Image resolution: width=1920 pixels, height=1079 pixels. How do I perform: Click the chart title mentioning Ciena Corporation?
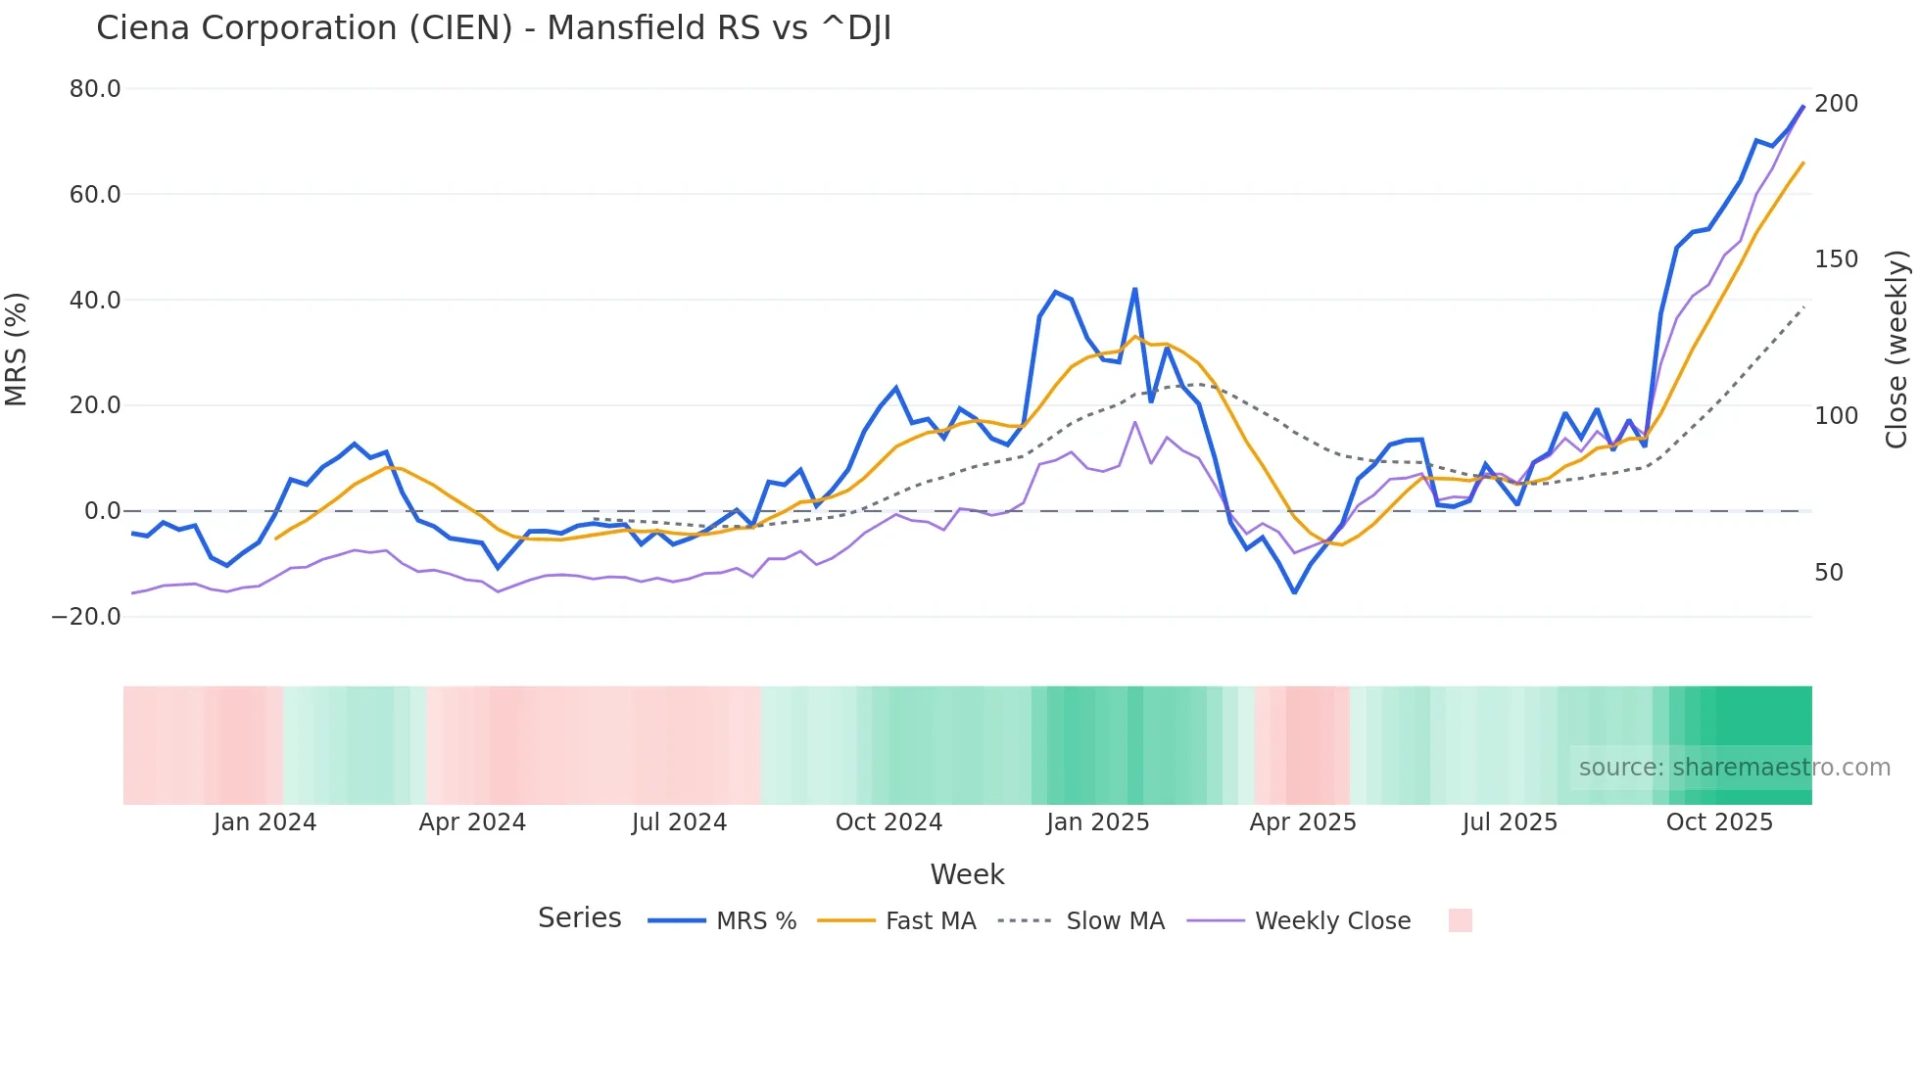[494, 28]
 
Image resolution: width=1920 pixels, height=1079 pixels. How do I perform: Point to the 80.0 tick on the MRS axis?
[95, 89]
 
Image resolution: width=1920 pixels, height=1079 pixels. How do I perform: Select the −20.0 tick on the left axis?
[86, 617]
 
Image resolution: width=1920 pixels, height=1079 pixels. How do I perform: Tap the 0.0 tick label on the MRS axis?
[102, 511]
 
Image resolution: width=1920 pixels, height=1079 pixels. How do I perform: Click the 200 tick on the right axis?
[1836, 103]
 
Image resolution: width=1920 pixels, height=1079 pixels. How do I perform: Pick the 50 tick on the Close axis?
[1829, 573]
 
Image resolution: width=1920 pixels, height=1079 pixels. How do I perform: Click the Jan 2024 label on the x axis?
[264, 822]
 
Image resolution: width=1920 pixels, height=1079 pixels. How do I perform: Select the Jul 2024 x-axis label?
[679, 822]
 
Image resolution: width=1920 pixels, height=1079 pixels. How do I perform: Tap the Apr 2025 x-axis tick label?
[1302, 822]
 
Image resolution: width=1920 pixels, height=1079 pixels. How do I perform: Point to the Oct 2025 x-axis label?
[1719, 822]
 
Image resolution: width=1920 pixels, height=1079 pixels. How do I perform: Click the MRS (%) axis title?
[17, 350]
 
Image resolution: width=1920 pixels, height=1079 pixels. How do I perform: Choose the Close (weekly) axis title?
[1896, 350]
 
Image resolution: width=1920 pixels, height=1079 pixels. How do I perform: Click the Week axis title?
[967, 874]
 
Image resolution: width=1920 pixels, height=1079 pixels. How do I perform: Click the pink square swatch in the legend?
[1460, 920]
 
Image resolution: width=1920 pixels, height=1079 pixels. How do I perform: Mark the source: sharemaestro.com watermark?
[1734, 768]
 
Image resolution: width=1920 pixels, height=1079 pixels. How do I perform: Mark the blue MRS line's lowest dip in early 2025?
[1294, 592]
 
